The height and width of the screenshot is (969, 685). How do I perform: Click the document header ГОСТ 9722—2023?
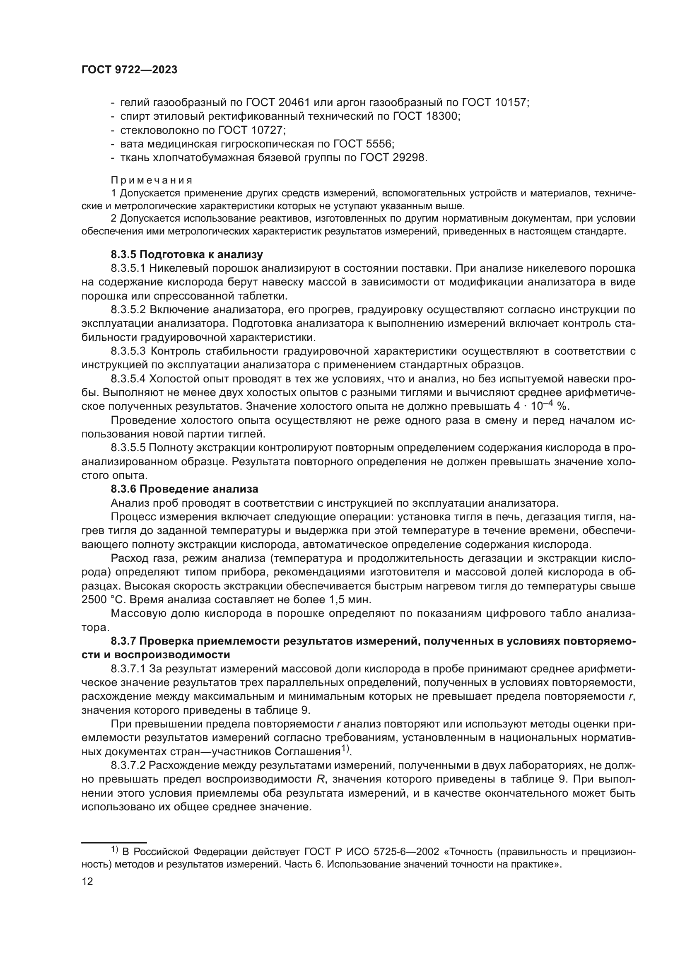click(129, 70)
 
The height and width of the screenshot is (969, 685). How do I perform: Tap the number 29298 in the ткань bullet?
click(408, 158)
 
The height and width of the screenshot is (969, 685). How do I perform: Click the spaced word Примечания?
click(152, 181)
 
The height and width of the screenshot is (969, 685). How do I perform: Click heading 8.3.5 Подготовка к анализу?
click(187, 254)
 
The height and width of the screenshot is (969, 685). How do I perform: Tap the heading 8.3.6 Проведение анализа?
click(184, 489)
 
